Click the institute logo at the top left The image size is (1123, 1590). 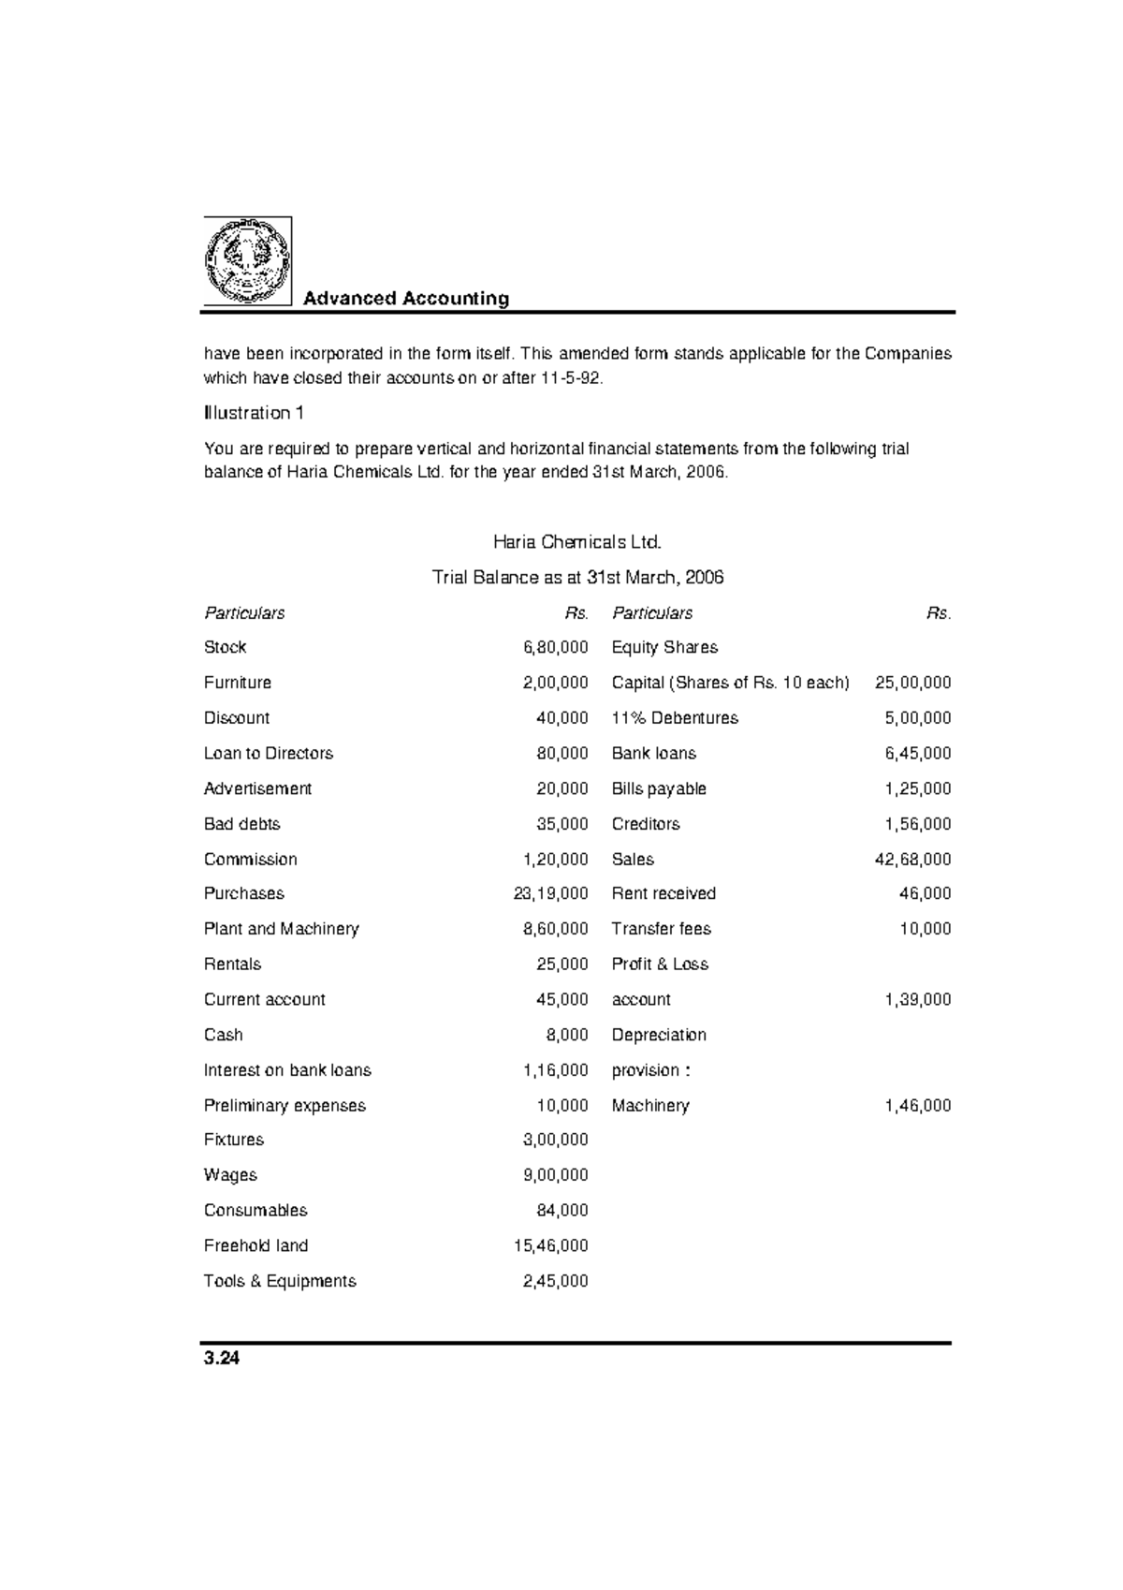tap(248, 261)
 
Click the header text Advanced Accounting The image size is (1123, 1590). tap(406, 299)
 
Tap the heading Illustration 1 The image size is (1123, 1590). tap(254, 413)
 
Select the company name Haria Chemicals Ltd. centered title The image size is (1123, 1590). tap(577, 542)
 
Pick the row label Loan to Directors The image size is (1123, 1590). tap(269, 753)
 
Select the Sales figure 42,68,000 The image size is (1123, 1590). tap(912, 859)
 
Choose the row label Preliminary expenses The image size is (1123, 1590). tap(284, 1106)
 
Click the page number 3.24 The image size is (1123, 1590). tap(222, 1360)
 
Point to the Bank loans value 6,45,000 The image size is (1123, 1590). tap(917, 753)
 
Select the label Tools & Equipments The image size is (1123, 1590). tap(280, 1281)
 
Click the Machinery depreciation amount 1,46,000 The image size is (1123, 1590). tap(917, 1106)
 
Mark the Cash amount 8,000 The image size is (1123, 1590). tap(567, 1035)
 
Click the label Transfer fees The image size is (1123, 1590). tap(661, 929)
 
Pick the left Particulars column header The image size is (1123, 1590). tap(244, 613)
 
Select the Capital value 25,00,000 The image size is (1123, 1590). tap(912, 683)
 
